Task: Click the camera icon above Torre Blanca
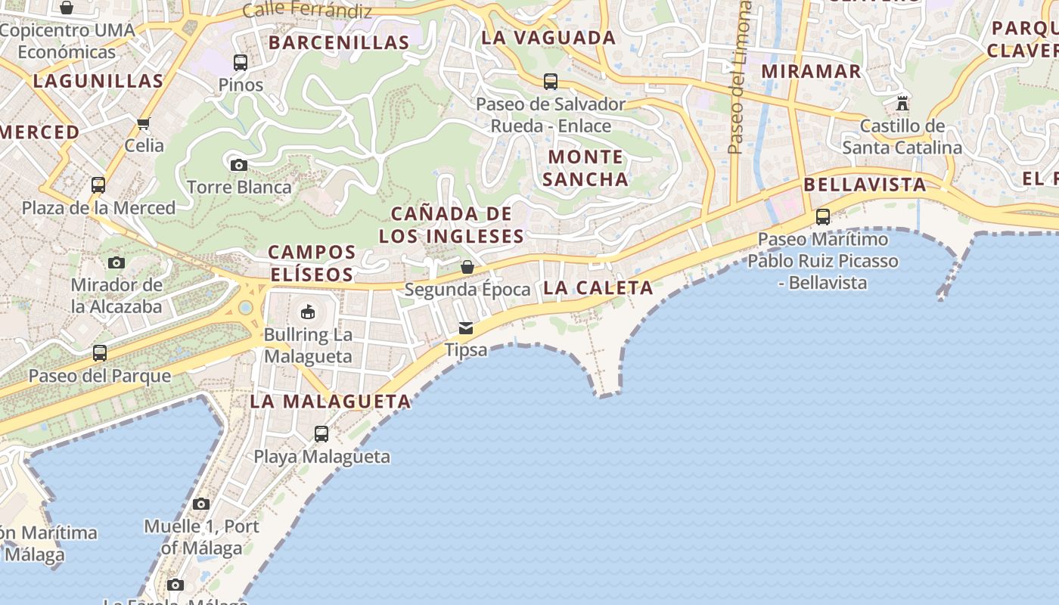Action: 238,165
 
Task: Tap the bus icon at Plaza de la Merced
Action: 98,185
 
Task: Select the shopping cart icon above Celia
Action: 144,123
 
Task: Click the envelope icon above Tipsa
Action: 465,328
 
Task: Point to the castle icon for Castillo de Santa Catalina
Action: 902,103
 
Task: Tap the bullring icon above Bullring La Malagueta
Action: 308,312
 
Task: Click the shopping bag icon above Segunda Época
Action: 467,267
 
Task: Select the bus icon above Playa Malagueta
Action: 321,434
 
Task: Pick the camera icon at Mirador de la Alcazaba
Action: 116,262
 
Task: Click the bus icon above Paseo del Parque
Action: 99,353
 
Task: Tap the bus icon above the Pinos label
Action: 241,63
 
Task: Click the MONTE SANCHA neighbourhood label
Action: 585,168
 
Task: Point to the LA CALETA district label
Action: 598,287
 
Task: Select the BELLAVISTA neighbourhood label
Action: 865,185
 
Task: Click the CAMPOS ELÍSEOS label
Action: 312,263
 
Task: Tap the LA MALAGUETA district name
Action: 330,402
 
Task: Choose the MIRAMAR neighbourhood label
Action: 811,72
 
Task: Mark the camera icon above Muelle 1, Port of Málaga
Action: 200,504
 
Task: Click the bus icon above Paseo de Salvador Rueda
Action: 551,82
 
